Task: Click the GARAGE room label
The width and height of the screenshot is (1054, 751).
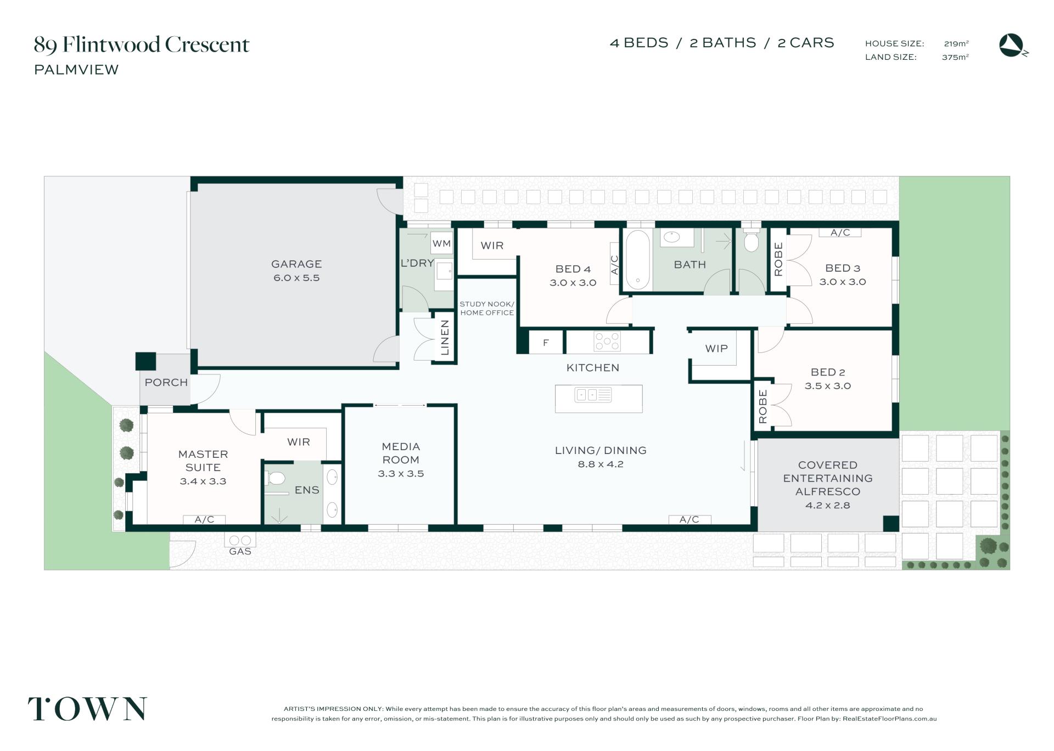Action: pos(296,264)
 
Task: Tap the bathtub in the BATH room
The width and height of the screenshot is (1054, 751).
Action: pos(637,259)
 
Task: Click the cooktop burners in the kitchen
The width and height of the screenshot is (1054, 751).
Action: pos(607,341)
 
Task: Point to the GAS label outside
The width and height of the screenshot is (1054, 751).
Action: pos(240,551)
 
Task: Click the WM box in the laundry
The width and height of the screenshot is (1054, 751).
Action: pos(441,243)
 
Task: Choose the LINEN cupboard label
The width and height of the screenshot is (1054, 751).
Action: pos(445,338)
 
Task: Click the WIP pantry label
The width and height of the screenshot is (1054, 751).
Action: pos(716,349)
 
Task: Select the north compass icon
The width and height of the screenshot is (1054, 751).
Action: pos(1013,46)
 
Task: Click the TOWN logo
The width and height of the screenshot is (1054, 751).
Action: pos(87,709)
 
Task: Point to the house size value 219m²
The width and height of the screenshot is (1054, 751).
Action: pos(956,43)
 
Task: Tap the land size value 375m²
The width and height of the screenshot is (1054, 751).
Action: pos(955,57)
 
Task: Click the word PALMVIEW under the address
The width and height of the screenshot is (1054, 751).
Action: pos(76,70)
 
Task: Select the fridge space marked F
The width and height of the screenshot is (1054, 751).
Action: pos(546,343)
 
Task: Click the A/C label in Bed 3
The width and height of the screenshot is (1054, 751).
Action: pos(840,233)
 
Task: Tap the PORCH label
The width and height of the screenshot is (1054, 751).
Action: pos(166,383)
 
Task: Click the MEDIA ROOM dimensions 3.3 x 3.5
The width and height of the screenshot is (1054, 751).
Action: pos(401,474)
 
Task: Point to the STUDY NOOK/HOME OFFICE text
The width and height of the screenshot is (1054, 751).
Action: pos(487,309)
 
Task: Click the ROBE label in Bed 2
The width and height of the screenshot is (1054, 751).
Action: pos(763,406)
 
